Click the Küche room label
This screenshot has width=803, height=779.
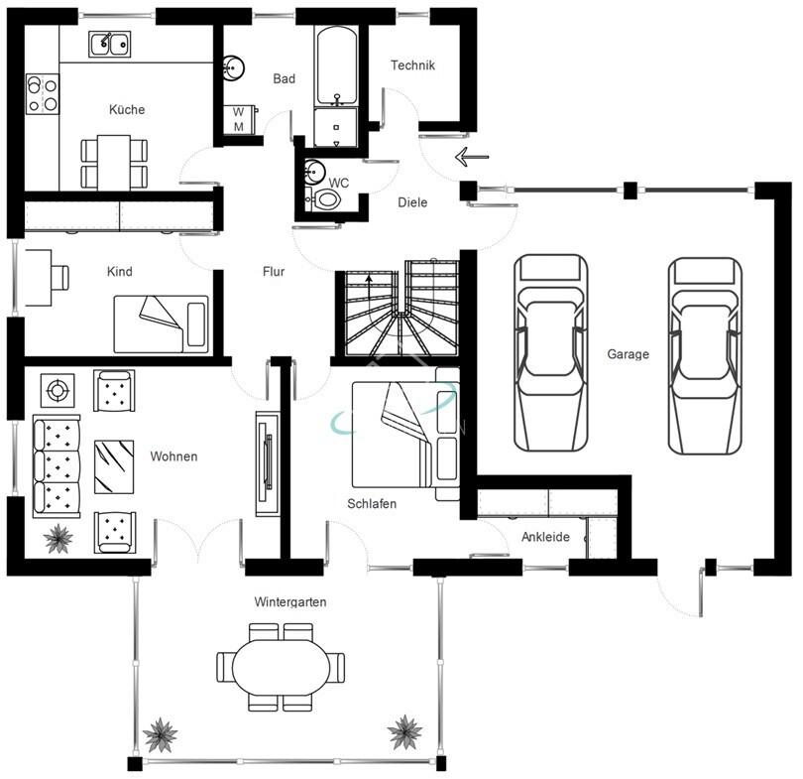point(127,109)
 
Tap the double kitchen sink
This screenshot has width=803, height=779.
point(110,44)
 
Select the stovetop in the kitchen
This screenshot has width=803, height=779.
point(43,94)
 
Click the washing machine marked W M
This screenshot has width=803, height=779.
point(240,119)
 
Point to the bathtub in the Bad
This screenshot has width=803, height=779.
point(336,66)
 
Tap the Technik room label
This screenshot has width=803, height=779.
point(412,65)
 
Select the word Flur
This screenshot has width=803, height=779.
point(274,271)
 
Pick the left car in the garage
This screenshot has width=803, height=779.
point(551,353)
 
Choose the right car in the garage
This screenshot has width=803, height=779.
point(705,356)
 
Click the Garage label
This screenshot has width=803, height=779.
point(628,353)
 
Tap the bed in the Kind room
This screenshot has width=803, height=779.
point(162,324)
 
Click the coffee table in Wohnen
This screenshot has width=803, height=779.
point(114,466)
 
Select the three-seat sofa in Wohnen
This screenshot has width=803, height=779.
point(57,466)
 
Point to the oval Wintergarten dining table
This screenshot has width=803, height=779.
point(281,667)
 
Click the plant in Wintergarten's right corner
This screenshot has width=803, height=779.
point(405,731)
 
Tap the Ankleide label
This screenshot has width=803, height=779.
point(545,537)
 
